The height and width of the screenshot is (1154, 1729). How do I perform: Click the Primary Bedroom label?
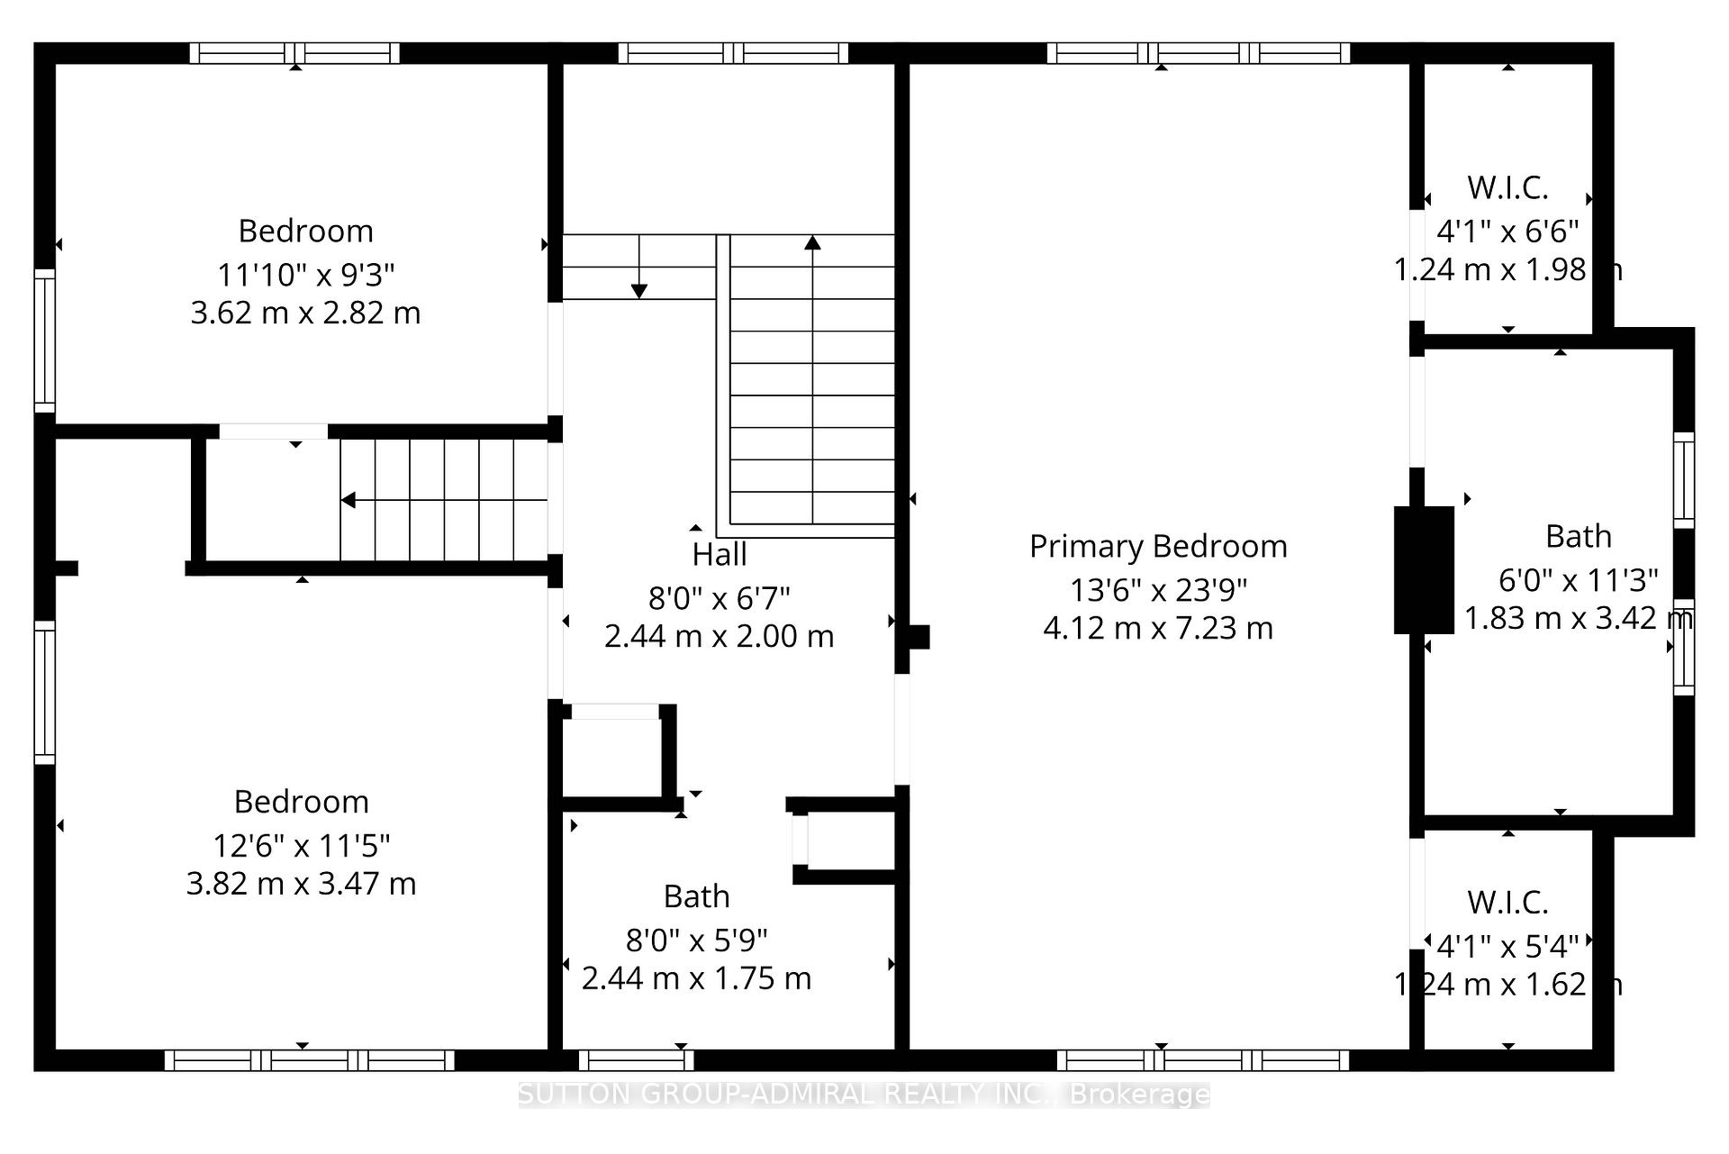coord(1158,546)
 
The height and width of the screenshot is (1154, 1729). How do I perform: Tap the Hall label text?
coord(719,554)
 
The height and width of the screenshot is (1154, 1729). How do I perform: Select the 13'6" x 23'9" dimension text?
coord(1158,590)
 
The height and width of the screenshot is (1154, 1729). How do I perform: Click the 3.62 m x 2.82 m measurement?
coord(305,313)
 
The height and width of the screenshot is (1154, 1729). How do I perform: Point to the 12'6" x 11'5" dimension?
coord(302,846)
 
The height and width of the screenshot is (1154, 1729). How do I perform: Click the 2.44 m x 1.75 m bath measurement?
coord(696,978)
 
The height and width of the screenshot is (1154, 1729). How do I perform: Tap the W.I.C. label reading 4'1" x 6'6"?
coord(1507,188)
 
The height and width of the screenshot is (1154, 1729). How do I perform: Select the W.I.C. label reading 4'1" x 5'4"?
coord(1507,902)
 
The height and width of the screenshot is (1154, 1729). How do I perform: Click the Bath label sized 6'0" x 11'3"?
coord(1578,537)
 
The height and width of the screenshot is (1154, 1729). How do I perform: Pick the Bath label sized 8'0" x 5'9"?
coord(696,896)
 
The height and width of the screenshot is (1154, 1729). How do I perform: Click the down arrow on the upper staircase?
coord(638,290)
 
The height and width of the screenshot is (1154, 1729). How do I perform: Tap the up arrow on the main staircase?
coord(812,243)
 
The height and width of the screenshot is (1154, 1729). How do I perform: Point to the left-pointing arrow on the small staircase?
coord(349,500)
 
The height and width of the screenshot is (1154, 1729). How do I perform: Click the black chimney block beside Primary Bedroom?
coord(1424,569)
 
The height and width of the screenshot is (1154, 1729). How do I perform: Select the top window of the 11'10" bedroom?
coord(294,53)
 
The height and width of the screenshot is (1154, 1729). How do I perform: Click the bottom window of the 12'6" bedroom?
coord(309,1060)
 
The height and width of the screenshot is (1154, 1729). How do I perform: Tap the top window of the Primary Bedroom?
coord(1198,53)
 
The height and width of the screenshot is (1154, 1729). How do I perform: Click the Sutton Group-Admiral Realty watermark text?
coord(864,1095)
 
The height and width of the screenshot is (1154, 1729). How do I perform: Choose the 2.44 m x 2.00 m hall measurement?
coord(719,637)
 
